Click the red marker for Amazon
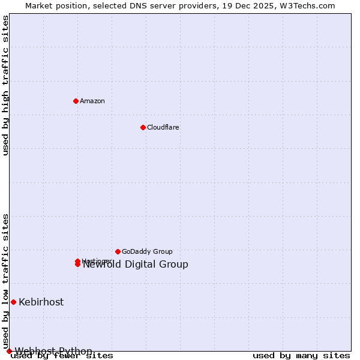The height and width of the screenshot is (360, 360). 76,101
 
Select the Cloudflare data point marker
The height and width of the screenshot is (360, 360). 143,127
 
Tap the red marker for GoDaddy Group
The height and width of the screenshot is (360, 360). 118,251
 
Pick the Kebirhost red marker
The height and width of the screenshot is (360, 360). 13,302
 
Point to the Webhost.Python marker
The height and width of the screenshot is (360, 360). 9,351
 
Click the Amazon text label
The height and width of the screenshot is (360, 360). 92,101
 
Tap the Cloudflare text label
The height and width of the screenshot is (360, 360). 163,127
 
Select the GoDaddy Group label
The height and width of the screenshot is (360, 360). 147,251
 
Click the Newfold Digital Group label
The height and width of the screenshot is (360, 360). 136,265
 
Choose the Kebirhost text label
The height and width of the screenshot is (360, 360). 41,302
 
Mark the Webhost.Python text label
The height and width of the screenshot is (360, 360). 54,351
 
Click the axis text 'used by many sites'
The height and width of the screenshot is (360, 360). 301,356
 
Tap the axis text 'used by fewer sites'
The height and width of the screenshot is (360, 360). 62,356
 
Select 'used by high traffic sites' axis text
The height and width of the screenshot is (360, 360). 6,85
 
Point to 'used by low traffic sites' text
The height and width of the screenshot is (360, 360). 6,281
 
